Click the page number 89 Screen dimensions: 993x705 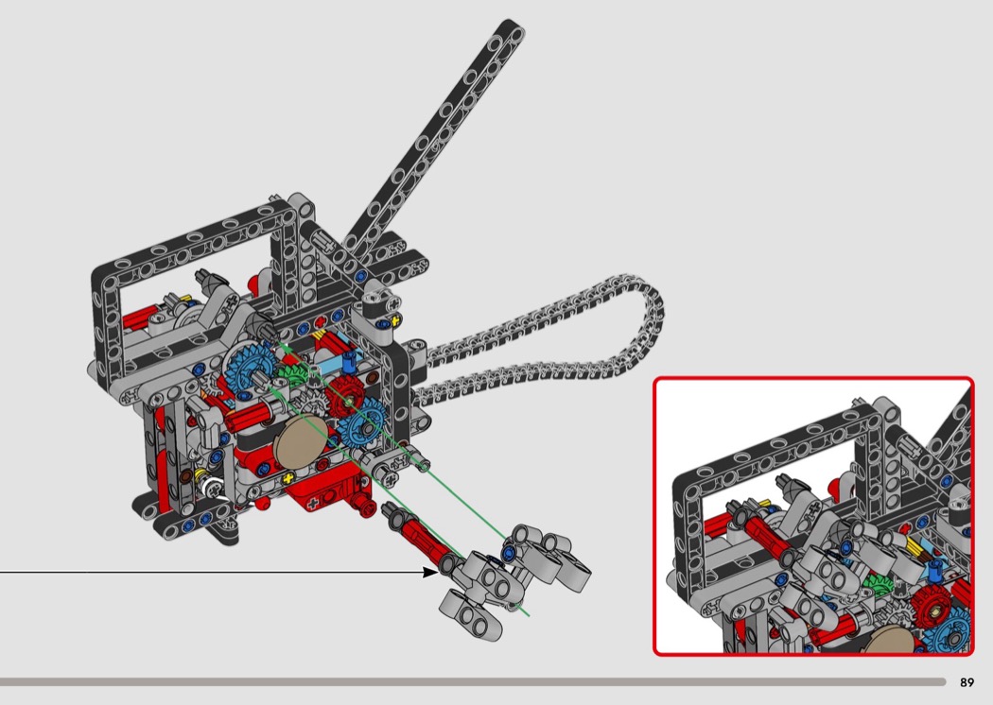click(x=967, y=682)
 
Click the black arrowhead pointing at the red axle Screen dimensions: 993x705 click(x=430, y=572)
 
